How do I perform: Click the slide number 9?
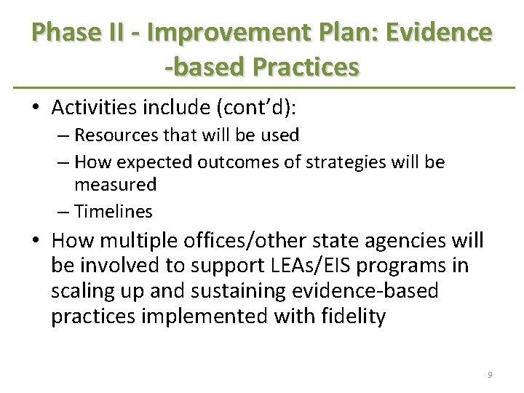tap(491, 374)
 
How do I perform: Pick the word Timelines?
tap(114, 211)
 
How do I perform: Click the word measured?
tap(116, 186)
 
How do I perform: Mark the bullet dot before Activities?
tap(35, 108)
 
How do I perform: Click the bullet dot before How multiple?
tap(35, 242)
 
